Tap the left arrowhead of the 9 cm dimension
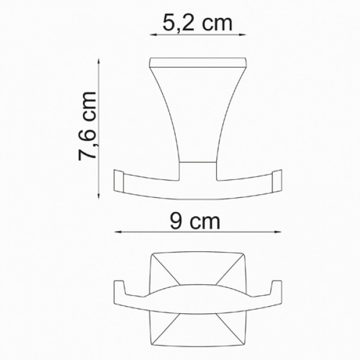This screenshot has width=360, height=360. [116, 233]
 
